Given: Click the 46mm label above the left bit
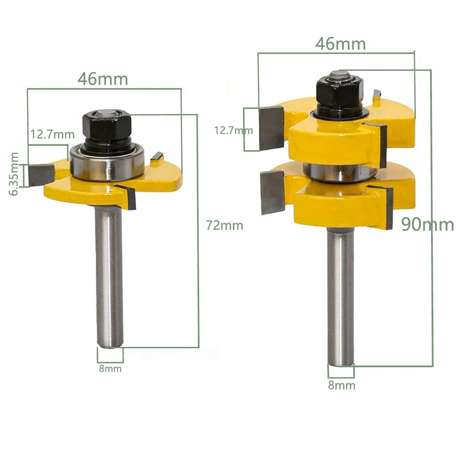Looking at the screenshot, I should point(103,79).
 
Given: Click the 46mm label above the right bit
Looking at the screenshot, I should point(340,44).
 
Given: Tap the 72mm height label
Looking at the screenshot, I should point(224,225).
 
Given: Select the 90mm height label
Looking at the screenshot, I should point(427,224).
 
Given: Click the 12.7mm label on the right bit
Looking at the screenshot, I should point(233,130).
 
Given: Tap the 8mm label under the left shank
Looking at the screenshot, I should point(110,369).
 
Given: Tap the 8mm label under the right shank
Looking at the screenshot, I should point(342,385).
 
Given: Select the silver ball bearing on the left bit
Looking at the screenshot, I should point(107,165).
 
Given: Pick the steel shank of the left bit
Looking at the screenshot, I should point(110,276).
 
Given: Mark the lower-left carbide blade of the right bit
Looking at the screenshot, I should point(272,194).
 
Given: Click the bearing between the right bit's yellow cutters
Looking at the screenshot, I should point(338,171).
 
